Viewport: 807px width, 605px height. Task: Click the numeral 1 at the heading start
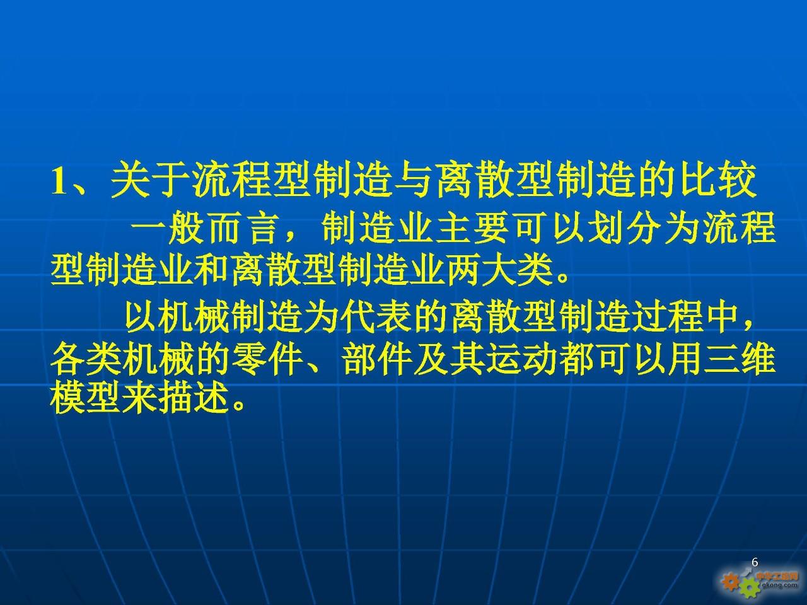point(59,182)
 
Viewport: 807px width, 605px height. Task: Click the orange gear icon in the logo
point(731,581)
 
